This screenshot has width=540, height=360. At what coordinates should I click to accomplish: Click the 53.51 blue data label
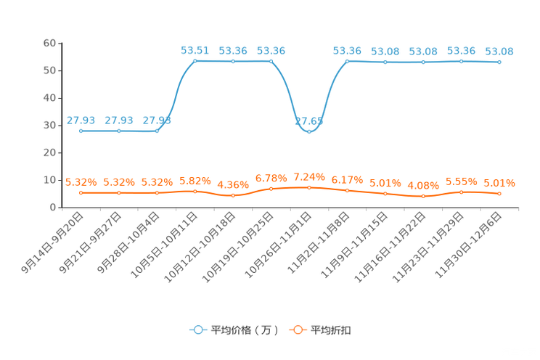click(x=195, y=51)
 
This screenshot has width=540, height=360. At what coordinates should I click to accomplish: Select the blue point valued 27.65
click(x=309, y=131)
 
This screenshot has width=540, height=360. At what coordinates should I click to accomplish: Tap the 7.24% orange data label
click(x=309, y=177)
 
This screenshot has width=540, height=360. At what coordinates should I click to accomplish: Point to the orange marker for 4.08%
click(x=423, y=196)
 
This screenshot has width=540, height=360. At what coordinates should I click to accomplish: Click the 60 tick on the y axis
click(x=49, y=43)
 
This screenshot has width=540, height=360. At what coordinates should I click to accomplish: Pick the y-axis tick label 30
click(x=49, y=126)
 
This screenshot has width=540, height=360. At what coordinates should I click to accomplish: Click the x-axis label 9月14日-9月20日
click(x=52, y=242)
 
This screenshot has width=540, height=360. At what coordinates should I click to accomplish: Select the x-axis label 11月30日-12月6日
click(x=468, y=245)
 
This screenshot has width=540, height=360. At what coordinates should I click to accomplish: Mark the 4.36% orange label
click(x=233, y=185)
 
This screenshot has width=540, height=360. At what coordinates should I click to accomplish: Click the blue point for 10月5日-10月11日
click(x=195, y=61)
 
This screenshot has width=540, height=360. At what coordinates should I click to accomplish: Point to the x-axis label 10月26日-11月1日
click(x=278, y=245)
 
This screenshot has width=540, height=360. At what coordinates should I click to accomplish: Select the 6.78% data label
click(x=271, y=178)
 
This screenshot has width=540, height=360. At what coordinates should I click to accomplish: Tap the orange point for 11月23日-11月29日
click(x=461, y=192)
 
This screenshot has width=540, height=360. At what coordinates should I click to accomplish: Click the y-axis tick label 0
click(x=53, y=208)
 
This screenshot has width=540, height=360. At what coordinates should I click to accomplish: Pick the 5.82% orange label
click(x=195, y=181)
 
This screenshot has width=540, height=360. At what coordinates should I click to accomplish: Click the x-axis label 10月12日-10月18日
click(x=200, y=247)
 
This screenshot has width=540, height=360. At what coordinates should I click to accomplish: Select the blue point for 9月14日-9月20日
click(x=81, y=131)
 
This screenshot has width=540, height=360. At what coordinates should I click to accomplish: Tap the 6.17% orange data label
click(x=347, y=180)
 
